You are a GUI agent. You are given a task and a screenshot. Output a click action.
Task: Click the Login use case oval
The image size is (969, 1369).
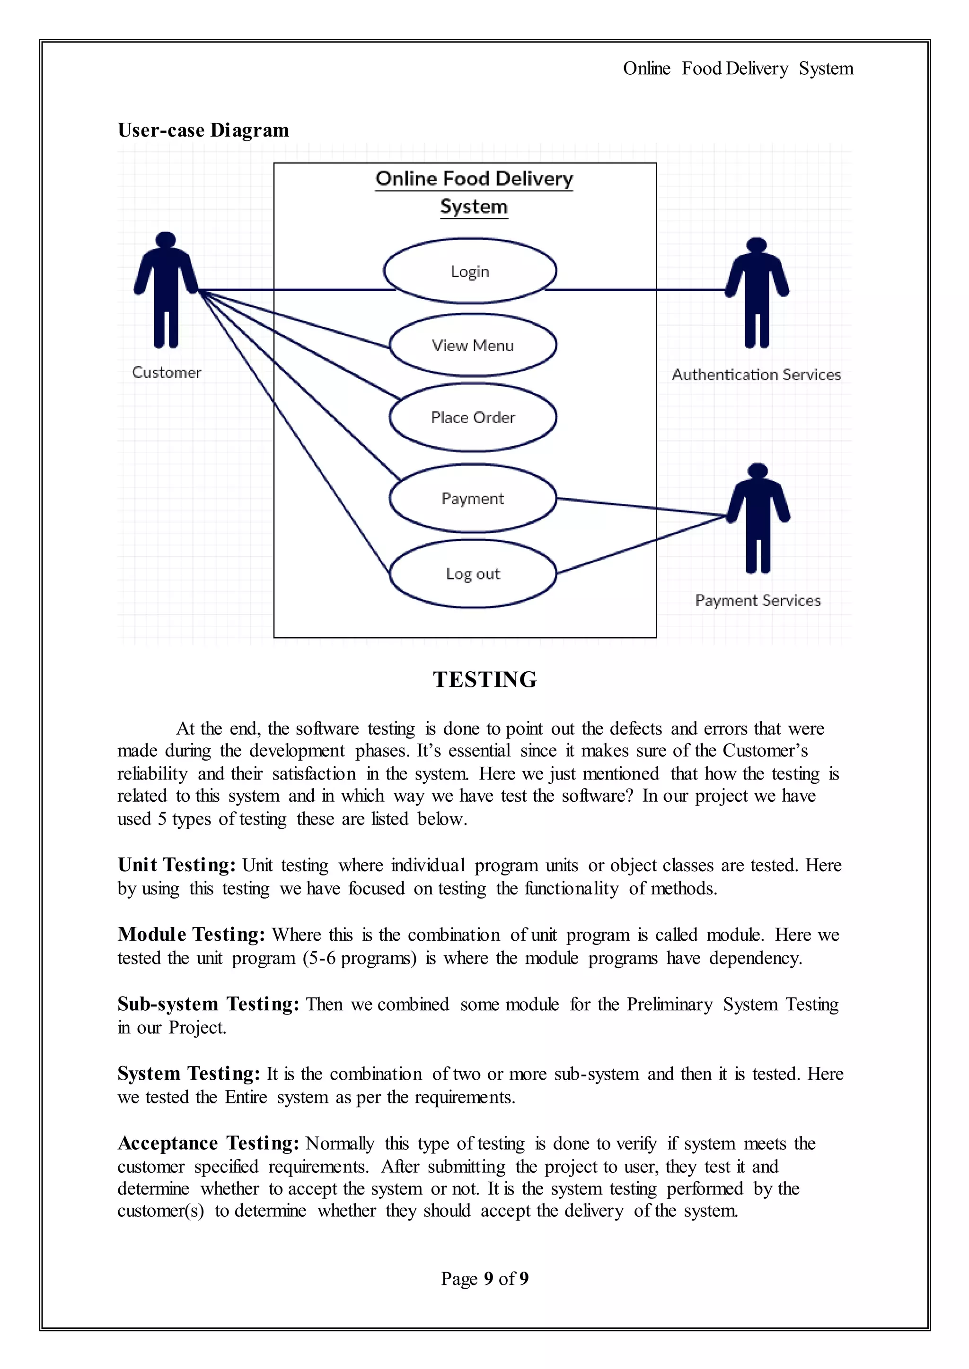tap(470, 271)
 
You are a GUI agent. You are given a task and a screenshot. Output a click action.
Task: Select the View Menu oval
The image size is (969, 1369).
tap(473, 345)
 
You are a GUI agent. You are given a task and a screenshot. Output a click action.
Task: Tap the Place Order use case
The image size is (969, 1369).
tap(473, 417)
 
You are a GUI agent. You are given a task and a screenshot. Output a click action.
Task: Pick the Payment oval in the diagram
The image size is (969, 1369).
tap(473, 498)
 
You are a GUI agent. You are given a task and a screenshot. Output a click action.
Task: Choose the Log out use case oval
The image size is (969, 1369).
tap(473, 573)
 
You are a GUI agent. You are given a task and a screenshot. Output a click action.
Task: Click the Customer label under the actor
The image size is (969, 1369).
tap(167, 373)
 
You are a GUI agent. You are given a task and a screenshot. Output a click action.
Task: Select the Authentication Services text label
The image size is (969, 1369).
tap(756, 375)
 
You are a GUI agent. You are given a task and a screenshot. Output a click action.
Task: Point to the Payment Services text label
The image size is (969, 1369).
tap(758, 600)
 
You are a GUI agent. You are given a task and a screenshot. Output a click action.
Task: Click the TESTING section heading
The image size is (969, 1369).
tap(484, 680)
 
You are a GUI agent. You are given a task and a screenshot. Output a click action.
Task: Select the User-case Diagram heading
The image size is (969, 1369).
tap(203, 130)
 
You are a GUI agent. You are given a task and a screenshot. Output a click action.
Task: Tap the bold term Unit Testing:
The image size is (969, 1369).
tap(176, 865)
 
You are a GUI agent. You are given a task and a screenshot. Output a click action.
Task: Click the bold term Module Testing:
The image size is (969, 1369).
tap(191, 934)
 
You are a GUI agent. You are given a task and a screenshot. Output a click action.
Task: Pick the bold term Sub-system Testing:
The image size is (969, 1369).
tap(208, 1004)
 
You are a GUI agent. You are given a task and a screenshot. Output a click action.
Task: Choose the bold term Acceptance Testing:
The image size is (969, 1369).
tap(208, 1143)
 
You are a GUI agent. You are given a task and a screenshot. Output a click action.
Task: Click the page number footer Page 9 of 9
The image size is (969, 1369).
tap(484, 1278)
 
